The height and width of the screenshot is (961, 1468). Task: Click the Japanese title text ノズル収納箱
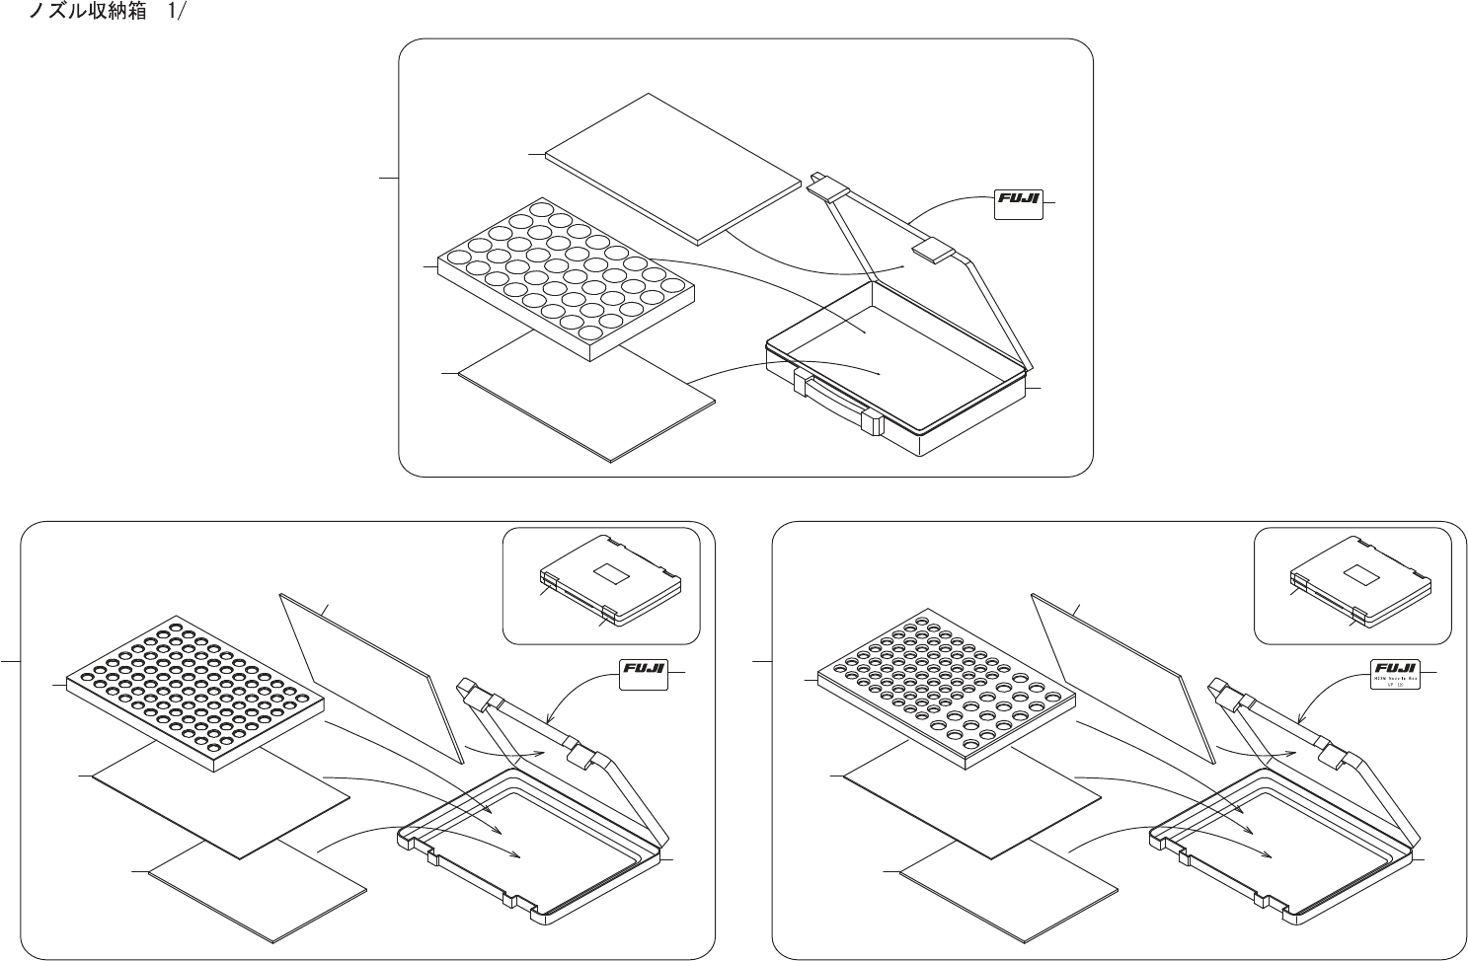pos(90,17)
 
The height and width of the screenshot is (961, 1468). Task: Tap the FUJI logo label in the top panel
pos(1018,203)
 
